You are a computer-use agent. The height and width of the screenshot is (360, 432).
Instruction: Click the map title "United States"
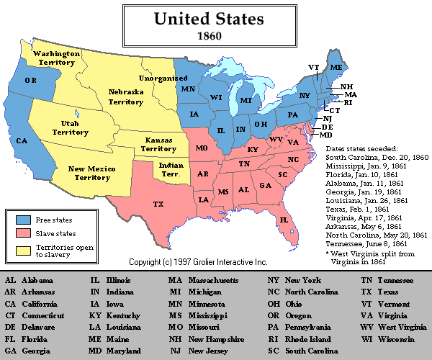pos(216,17)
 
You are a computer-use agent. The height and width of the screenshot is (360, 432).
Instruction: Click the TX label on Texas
pos(158,204)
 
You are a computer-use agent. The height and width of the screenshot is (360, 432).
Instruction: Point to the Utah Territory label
pos(70,127)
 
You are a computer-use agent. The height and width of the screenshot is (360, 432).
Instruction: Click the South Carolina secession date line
pos(377,157)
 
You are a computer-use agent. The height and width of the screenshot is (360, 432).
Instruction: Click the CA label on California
pos(22,140)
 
